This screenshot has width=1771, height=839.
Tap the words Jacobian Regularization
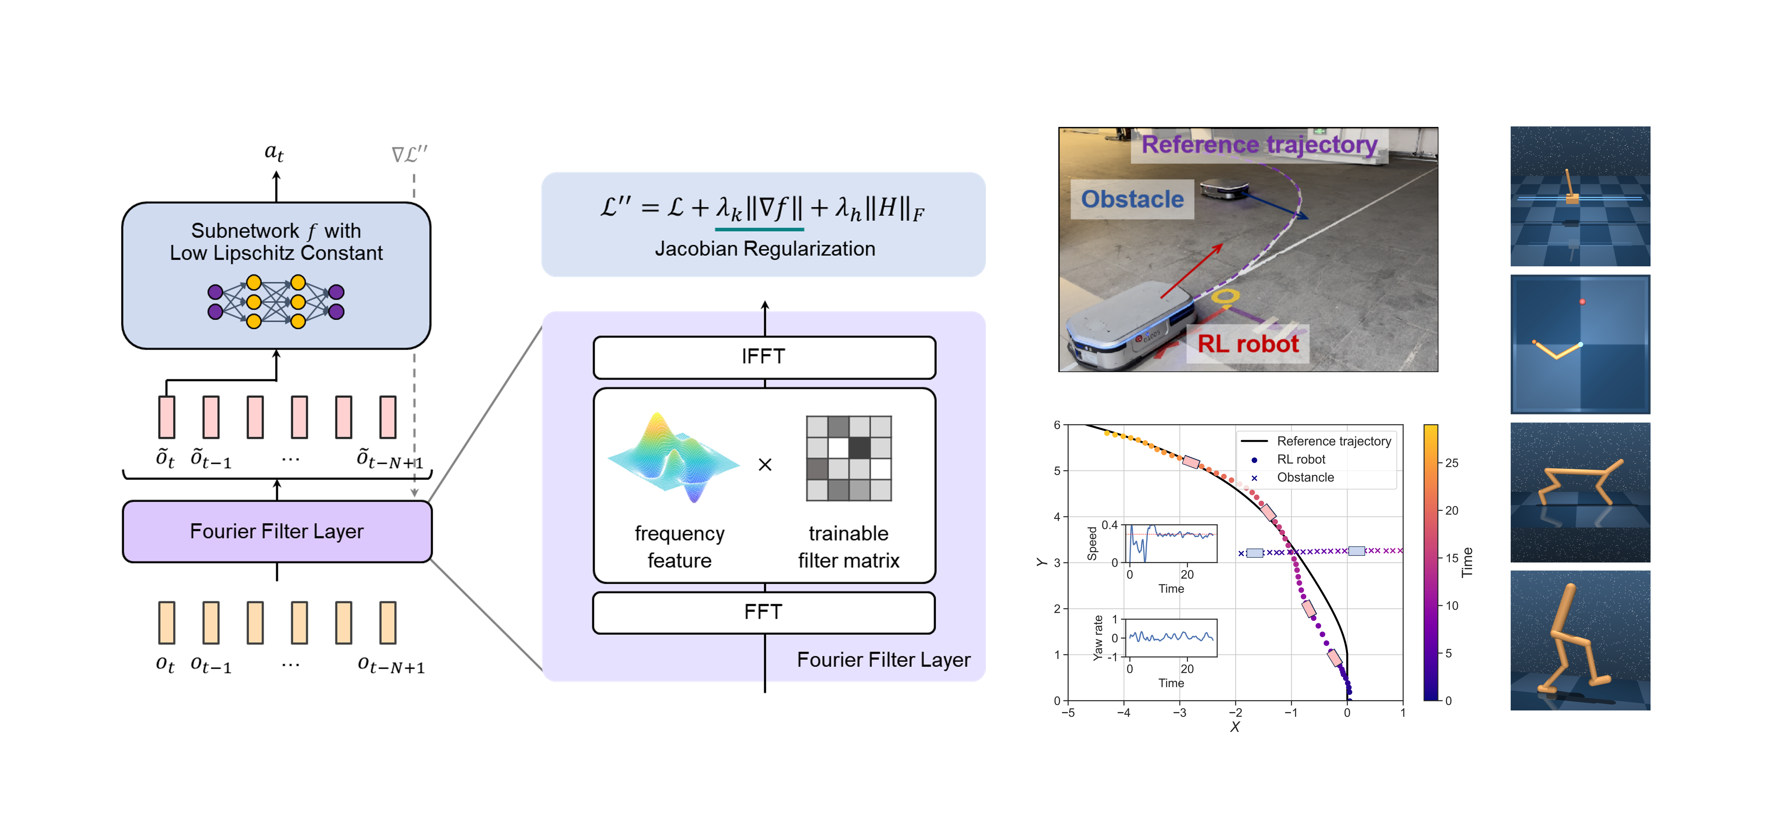765,249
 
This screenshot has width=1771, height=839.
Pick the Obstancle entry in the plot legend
1305,477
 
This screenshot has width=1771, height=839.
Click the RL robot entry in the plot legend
1301,459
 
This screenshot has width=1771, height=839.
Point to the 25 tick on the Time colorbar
1451,463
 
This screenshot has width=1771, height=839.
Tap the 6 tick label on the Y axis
1057,425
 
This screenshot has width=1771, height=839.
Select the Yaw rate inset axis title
1098,638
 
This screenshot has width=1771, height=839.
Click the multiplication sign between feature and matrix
765,465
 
